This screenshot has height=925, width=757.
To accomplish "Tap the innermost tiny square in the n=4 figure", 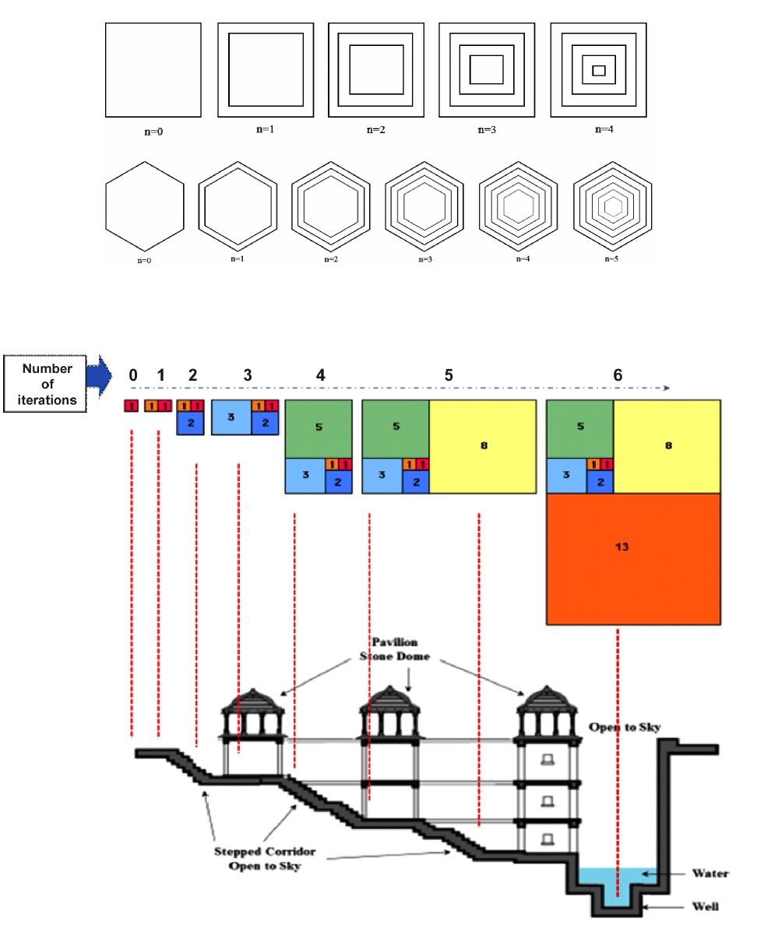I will click(x=599, y=70).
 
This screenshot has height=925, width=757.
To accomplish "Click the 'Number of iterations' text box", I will click(x=48, y=385).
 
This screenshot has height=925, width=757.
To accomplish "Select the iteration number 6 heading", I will click(x=617, y=375).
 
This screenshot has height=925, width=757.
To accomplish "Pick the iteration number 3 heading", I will click(x=248, y=375).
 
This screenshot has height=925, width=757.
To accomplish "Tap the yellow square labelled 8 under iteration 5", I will click(x=483, y=445).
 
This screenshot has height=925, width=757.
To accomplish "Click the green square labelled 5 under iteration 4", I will click(x=318, y=428).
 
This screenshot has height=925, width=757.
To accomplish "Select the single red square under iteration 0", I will click(x=132, y=406).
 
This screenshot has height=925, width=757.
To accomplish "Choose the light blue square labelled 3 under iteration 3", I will click(x=231, y=417).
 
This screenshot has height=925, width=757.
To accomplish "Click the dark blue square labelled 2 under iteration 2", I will click(x=190, y=423).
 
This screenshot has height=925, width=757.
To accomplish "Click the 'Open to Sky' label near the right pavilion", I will click(x=624, y=727).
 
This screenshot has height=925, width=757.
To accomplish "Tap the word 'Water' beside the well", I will click(x=709, y=874).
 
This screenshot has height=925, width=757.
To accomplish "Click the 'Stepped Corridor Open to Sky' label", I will click(x=257, y=857).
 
